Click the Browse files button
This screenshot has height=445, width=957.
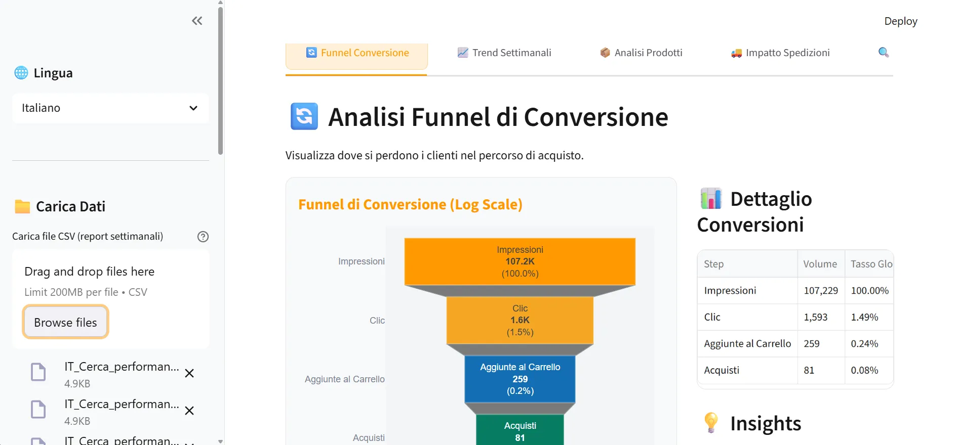tap(65, 322)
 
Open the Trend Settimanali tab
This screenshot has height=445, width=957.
tap(504, 53)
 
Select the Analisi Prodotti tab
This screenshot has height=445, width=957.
tap(641, 53)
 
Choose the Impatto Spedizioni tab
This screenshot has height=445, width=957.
tap(780, 53)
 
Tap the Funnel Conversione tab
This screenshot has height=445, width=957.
tap(357, 53)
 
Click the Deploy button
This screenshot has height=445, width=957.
tap(900, 21)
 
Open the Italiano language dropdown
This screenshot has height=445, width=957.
tap(110, 108)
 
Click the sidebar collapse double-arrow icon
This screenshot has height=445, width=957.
tap(197, 21)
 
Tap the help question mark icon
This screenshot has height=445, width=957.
tap(203, 237)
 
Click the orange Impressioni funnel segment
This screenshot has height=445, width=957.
tap(520, 261)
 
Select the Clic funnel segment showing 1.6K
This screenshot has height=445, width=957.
tap(520, 320)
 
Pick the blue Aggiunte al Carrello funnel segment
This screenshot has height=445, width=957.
tap(520, 379)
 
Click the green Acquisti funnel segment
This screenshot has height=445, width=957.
tap(520, 431)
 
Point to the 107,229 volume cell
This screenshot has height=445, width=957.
tap(820, 291)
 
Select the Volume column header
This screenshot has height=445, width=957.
tap(820, 264)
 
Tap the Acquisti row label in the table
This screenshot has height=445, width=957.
tap(722, 370)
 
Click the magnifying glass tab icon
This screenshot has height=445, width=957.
tap(884, 52)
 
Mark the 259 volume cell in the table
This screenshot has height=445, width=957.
tap(812, 344)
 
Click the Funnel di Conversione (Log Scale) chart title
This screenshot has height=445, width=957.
tap(410, 204)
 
